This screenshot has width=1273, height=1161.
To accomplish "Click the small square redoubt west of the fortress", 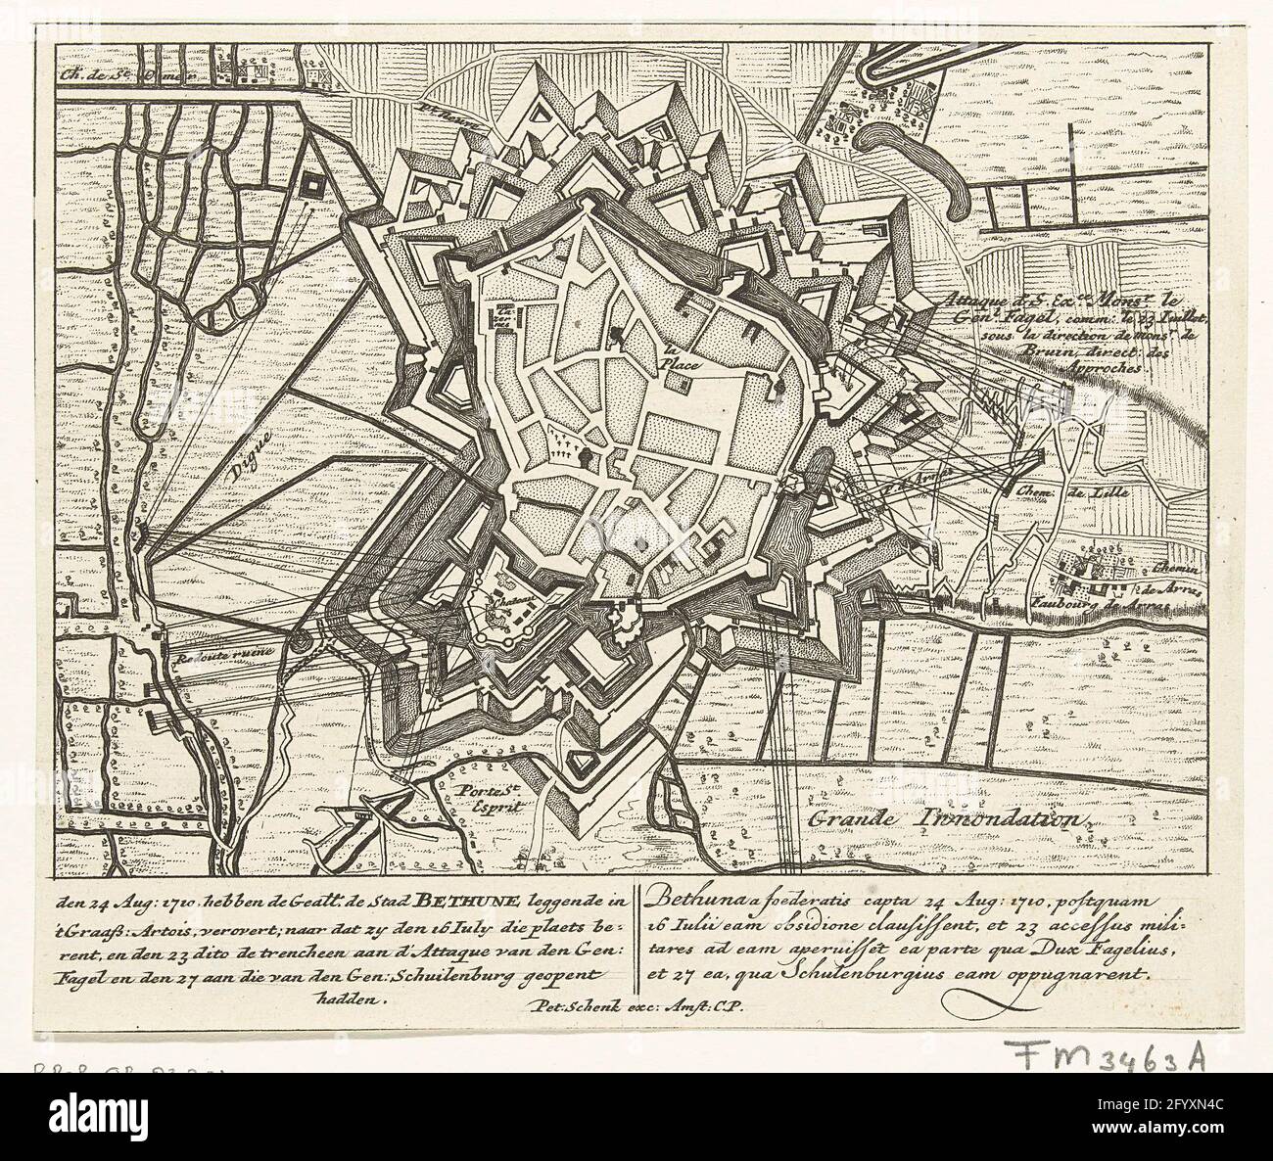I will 314,184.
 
